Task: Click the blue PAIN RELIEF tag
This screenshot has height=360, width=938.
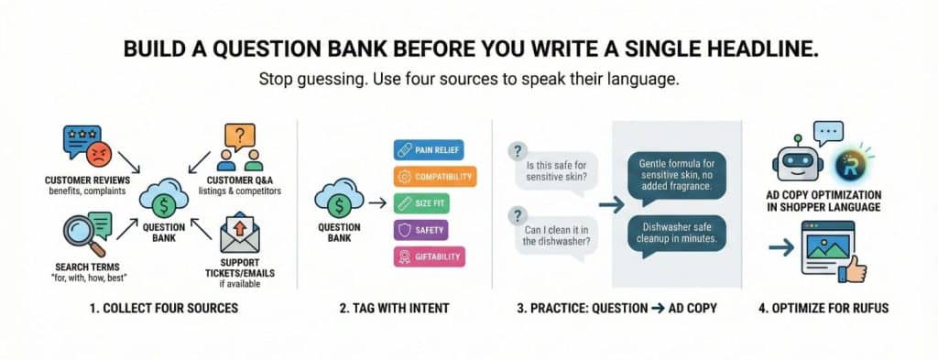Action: [429, 149]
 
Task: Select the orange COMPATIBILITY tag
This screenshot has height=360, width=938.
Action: [435, 177]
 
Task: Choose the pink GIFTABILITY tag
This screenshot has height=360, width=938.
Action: [429, 256]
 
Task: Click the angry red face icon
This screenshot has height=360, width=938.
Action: [98, 155]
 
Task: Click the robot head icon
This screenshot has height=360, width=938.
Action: [798, 160]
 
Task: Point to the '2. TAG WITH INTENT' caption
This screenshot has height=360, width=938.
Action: [394, 309]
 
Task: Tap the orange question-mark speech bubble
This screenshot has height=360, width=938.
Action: [239, 136]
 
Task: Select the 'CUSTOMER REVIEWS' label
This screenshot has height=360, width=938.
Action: [87, 180]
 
